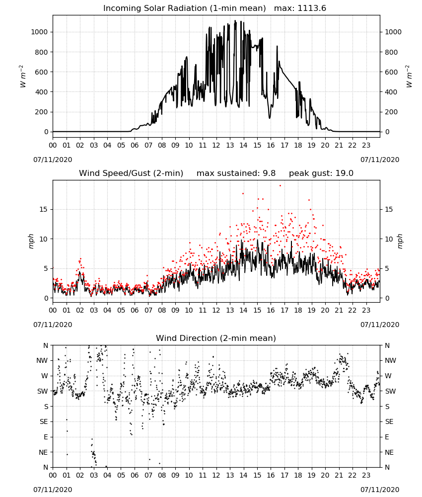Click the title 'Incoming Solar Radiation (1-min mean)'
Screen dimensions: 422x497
click(185, 8)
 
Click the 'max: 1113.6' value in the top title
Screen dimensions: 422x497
click(300, 8)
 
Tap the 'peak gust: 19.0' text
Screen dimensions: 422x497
click(321, 173)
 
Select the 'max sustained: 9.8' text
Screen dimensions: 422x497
click(236, 173)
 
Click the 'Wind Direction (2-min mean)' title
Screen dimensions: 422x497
click(216, 338)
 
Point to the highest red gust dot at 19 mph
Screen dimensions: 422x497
click(280, 185)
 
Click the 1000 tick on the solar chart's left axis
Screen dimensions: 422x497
click(40, 32)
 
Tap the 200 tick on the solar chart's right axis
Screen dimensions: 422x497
click(391, 112)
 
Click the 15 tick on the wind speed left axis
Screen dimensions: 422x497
click(44, 210)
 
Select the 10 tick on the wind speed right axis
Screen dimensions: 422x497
click(389, 239)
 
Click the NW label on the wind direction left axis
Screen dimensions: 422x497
click(42, 361)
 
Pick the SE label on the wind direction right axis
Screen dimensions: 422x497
click(389, 422)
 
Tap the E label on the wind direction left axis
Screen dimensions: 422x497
click(46, 437)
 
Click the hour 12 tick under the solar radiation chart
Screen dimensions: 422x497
click(216, 146)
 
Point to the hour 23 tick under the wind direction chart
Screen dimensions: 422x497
click(366, 475)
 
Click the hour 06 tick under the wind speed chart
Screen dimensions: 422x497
click(135, 310)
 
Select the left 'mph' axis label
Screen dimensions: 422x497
click(31, 241)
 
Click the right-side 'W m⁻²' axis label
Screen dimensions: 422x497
click(409, 77)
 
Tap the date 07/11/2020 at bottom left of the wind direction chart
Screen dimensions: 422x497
click(53, 490)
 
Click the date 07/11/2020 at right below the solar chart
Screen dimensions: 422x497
click(380, 160)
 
